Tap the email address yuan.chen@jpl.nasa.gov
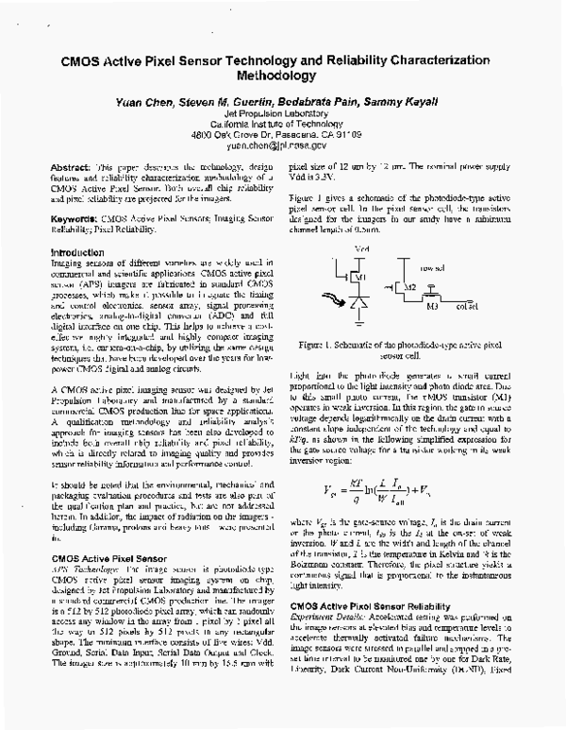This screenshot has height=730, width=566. (x=282, y=145)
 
